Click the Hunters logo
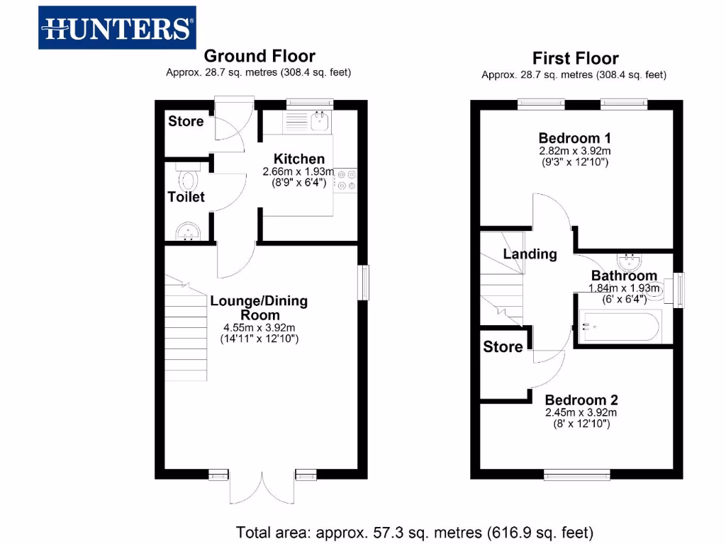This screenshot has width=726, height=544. pyautogui.click(x=117, y=28)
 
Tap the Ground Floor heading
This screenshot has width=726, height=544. pyautogui.click(x=259, y=56)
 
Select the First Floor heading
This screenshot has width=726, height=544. pyautogui.click(x=575, y=58)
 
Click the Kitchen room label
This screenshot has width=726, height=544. pyautogui.click(x=299, y=159)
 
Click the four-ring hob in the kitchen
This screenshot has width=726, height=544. pyautogui.click(x=347, y=179)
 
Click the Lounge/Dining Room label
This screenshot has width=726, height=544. pyautogui.click(x=259, y=307)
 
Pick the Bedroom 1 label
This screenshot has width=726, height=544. pyautogui.click(x=574, y=138)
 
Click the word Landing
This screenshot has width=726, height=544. pyautogui.click(x=530, y=254)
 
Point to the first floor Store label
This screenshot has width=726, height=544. pyautogui.click(x=503, y=347)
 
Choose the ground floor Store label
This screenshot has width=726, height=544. pyautogui.click(x=186, y=121)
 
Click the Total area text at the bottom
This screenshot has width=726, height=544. pyautogui.click(x=414, y=531)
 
